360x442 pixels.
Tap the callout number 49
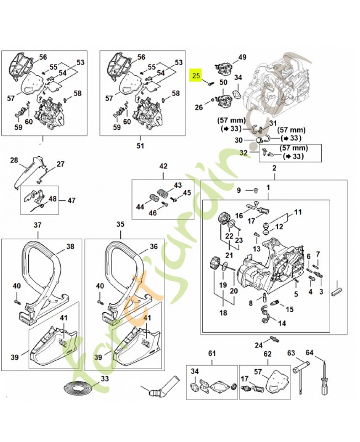pos(242,57)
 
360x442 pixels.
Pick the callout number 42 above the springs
pos(163,166)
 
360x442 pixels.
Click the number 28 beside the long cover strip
pos(14,160)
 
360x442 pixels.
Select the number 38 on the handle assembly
pos(70,246)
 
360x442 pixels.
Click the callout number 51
pos(140,146)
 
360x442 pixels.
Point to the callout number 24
pos(258,346)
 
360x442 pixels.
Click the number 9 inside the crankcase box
pos(239,191)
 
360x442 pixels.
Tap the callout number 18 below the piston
pos(223,312)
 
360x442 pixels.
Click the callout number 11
pos(298,212)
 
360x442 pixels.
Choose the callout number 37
pos(38,225)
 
